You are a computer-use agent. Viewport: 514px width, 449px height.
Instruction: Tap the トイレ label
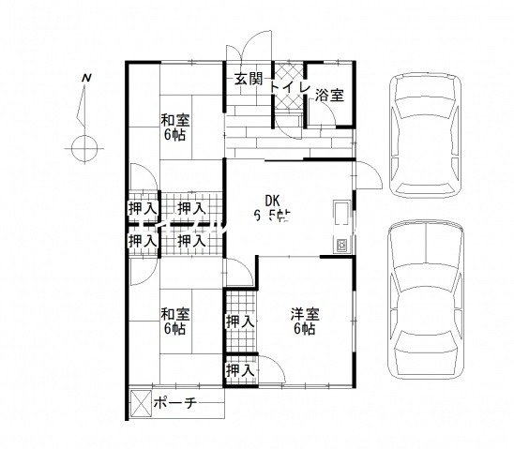[x=290, y=86]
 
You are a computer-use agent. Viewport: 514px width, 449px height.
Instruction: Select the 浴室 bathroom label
[x=329, y=94]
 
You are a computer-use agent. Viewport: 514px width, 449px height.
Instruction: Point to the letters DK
[x=272, y=199]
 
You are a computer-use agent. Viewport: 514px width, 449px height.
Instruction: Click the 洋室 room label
[x=301, y=314]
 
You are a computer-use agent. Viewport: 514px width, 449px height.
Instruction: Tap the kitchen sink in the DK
[x=340, y=214]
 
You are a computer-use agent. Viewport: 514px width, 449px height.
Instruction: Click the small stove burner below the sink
[x=342, y=246]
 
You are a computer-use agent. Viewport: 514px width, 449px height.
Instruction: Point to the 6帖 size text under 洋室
[x=301, y=330]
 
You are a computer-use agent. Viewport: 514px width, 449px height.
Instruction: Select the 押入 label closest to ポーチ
[x=240, y=371]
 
